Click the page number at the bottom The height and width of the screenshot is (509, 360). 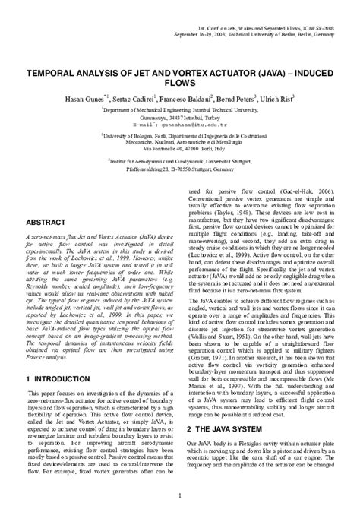179,498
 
